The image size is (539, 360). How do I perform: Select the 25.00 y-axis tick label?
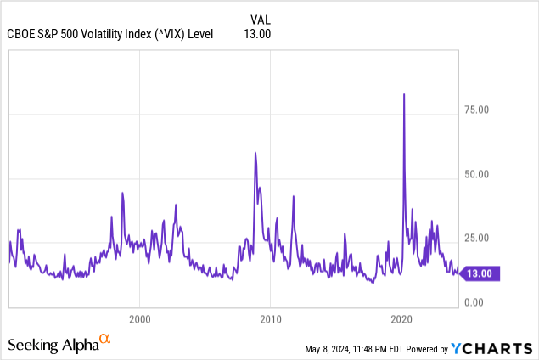point(481,239)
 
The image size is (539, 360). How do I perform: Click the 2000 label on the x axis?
point(140,319)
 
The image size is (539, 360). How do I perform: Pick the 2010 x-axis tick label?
point(270,319)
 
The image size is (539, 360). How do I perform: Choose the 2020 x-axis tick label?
point(401,319)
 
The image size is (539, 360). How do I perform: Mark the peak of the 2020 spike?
point(403,93)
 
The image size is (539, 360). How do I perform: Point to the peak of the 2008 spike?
point(255,153)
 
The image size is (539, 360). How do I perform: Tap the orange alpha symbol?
point(104,340)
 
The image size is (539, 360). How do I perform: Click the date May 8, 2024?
point(332,349)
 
